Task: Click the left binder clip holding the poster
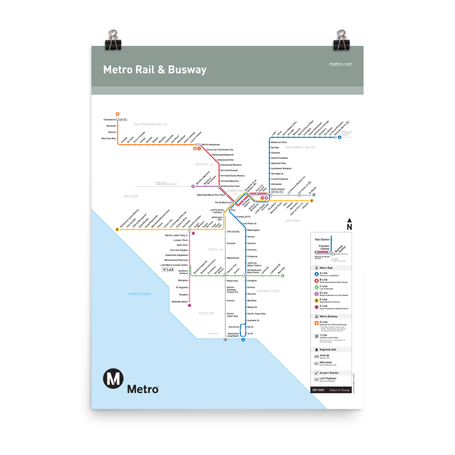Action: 112,40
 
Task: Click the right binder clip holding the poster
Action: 342,40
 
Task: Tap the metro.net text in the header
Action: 340,64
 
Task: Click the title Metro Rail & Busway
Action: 155,70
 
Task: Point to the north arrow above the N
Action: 349,220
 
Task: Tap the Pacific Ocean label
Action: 139,294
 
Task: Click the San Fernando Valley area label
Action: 150,124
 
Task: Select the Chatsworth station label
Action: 109,120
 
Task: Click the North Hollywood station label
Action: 211,145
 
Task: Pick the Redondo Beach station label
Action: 179,302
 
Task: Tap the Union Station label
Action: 278,189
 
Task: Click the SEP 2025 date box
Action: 318,390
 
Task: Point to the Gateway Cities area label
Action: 268,291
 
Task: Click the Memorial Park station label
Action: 278,142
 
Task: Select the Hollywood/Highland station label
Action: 222,155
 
